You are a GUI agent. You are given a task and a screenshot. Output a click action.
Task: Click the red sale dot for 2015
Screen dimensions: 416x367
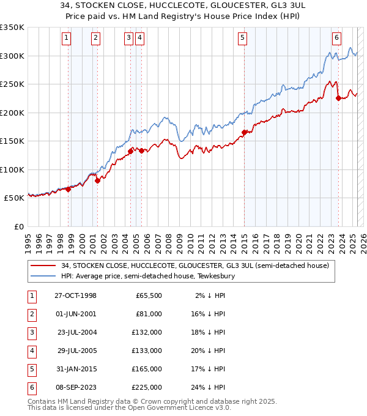(x=244, y=132)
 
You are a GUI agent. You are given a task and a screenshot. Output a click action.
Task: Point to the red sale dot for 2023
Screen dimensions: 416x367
(x=338, y=98)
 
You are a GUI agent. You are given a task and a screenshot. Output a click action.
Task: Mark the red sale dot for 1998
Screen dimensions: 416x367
(x=69, y=189)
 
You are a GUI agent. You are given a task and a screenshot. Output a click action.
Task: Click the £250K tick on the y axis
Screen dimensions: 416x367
(x=12, y=84)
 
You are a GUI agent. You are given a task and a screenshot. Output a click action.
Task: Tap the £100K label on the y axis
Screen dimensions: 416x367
(x=12, y=169)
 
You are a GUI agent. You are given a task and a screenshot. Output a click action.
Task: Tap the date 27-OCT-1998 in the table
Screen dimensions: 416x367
(x=75, y=295)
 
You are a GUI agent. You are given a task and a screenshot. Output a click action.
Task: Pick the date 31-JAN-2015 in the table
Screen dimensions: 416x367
(x=75, y=369)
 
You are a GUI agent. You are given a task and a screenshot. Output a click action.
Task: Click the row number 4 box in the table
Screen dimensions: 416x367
(x=31, y=351)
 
